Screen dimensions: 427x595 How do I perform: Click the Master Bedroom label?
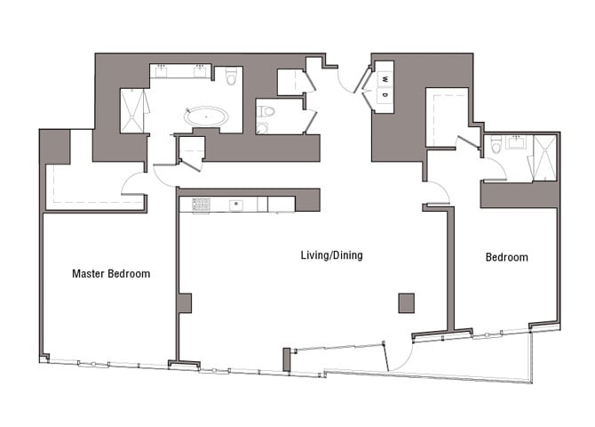click(111, 274)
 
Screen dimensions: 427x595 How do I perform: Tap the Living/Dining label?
click(331, 256)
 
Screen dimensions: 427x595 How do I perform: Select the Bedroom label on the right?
click(506, 258)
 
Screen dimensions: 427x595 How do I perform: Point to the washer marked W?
click(385, 78)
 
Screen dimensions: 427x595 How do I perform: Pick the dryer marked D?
click(385, 95)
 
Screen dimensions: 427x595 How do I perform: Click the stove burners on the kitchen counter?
click(201, 205)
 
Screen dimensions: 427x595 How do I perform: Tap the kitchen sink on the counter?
click(237, 205)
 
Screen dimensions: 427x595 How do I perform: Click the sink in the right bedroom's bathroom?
click(513, 141)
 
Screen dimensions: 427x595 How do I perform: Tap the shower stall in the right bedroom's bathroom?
click(543, 158)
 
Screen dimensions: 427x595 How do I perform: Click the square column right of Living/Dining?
click(406, 302)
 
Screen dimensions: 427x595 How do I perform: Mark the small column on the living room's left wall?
click(184, 303)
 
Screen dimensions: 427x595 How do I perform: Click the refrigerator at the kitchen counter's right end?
click(282, 205)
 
